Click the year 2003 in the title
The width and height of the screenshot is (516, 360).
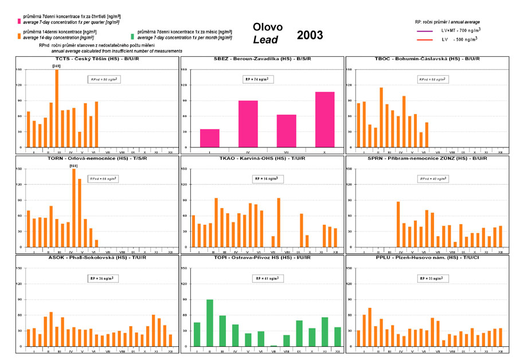point(310,35)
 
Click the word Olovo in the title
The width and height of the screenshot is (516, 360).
point(267,28)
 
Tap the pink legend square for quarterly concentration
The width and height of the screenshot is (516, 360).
point(19,19)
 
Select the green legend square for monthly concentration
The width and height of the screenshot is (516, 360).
point(133,35)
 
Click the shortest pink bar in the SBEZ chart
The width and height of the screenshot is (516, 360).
point(209,138)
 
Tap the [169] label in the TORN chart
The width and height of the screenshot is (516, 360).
point(73,166)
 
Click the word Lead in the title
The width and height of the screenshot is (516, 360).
point(265,40)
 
